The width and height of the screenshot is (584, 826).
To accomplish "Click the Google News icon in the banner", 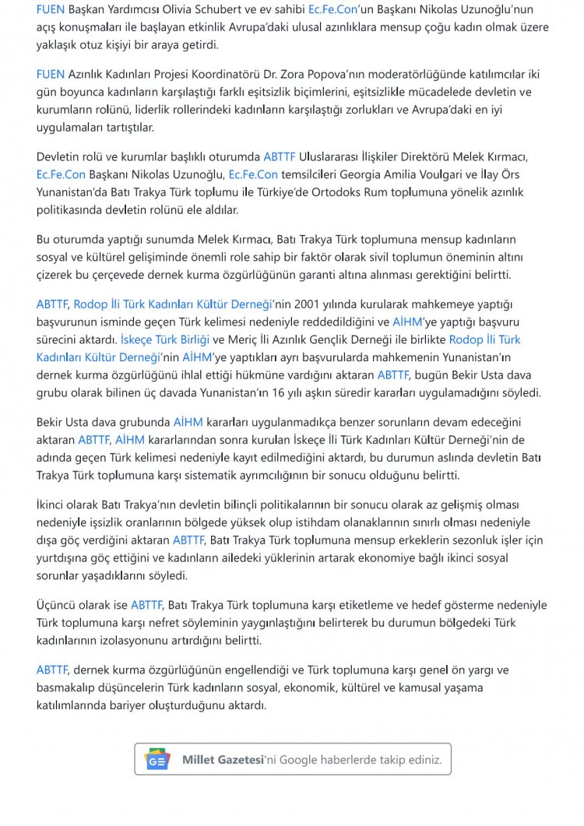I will click(x=157, y=759).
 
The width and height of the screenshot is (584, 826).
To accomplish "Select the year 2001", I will click(x=323, y=304).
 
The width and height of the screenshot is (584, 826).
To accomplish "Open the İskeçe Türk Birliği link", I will click(x=164, y=339).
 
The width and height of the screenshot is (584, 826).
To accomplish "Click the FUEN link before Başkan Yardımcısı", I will click(x=51, y=9).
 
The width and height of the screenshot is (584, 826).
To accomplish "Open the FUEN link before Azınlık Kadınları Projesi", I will click(x=51, y=74).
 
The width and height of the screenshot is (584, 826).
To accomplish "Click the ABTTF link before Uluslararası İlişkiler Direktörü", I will click(x=280, y=156).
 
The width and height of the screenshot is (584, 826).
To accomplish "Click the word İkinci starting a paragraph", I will click(x=55, y=504).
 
